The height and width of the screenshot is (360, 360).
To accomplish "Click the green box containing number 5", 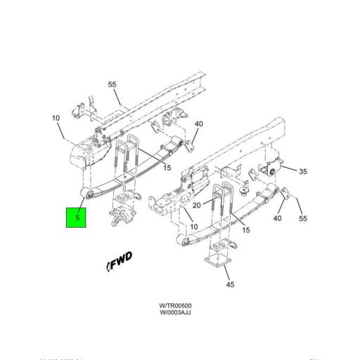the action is pyautogui.click(x=76, y=218).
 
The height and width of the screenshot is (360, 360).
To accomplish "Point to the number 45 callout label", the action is pyautogui.click(x=230, y=284).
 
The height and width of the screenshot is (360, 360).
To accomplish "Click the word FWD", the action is pyautogui.click(x=120, y=261).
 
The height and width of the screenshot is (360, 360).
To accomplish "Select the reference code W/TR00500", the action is pyautogui.click(x=175, y=305).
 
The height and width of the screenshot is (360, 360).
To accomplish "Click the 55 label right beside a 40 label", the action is pyautogui.click(x=302, y=218).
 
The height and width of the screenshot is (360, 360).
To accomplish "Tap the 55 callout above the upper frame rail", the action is pyautogui.click(x=112, y=85).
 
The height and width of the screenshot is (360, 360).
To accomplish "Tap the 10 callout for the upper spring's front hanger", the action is pyautogui.click(x=56, y=117).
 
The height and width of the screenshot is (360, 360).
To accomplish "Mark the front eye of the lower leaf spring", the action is pyautogui.click(x=185, y=241).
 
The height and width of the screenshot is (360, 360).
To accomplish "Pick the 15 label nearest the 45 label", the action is pyautogui.click(x=245, y=231).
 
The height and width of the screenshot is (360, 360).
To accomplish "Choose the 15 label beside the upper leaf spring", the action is pyautogui.click(x=167, y=167).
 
